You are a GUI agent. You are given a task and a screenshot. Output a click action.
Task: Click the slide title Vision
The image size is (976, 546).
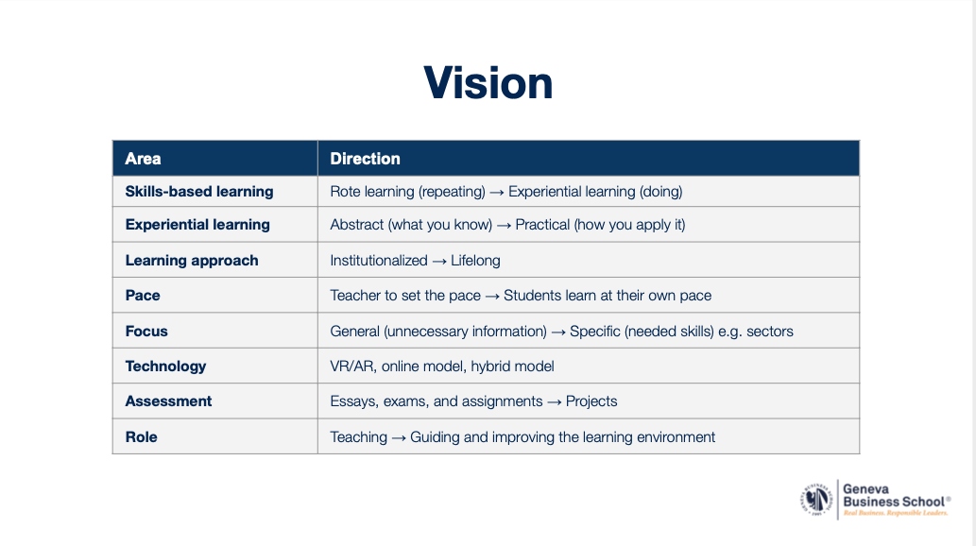tap(488, 83)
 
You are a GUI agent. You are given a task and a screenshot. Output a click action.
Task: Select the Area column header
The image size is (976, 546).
tap(144, 159)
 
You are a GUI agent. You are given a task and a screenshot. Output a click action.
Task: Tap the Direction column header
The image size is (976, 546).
tap(365, 159)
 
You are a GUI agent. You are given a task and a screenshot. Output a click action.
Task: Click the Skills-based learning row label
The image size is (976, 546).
tap(199, 192)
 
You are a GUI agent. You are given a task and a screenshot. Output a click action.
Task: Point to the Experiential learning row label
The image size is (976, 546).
tap(197, 225)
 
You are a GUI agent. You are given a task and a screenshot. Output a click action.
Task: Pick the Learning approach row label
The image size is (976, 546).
tap(192, 260)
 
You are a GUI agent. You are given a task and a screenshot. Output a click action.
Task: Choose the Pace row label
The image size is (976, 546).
tap(143, 295)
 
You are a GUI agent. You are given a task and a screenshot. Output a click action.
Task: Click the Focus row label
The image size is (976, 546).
tap(146, 332)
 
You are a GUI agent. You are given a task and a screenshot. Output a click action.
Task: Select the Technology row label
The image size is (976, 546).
tap(165, 367)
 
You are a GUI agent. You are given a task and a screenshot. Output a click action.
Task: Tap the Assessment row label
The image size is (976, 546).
tap(168, 401)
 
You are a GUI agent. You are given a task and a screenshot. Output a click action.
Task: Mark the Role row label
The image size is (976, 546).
tap(142, 437)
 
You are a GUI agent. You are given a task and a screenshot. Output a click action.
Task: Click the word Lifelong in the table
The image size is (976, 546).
tap(475, 260)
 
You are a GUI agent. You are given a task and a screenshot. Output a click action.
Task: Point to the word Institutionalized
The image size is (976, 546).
tap(379, 260)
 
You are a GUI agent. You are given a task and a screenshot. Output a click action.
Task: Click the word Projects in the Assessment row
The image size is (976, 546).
tap(591, 401)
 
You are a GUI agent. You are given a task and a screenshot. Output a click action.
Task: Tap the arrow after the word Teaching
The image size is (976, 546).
tap(399, 438)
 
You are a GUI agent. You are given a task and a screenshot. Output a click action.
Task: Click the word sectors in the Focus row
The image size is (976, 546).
tap(770, 332)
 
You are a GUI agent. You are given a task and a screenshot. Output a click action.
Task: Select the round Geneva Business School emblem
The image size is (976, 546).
tap(816, 500)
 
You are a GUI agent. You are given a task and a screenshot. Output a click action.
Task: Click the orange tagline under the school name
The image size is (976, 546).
tap(896, 513)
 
